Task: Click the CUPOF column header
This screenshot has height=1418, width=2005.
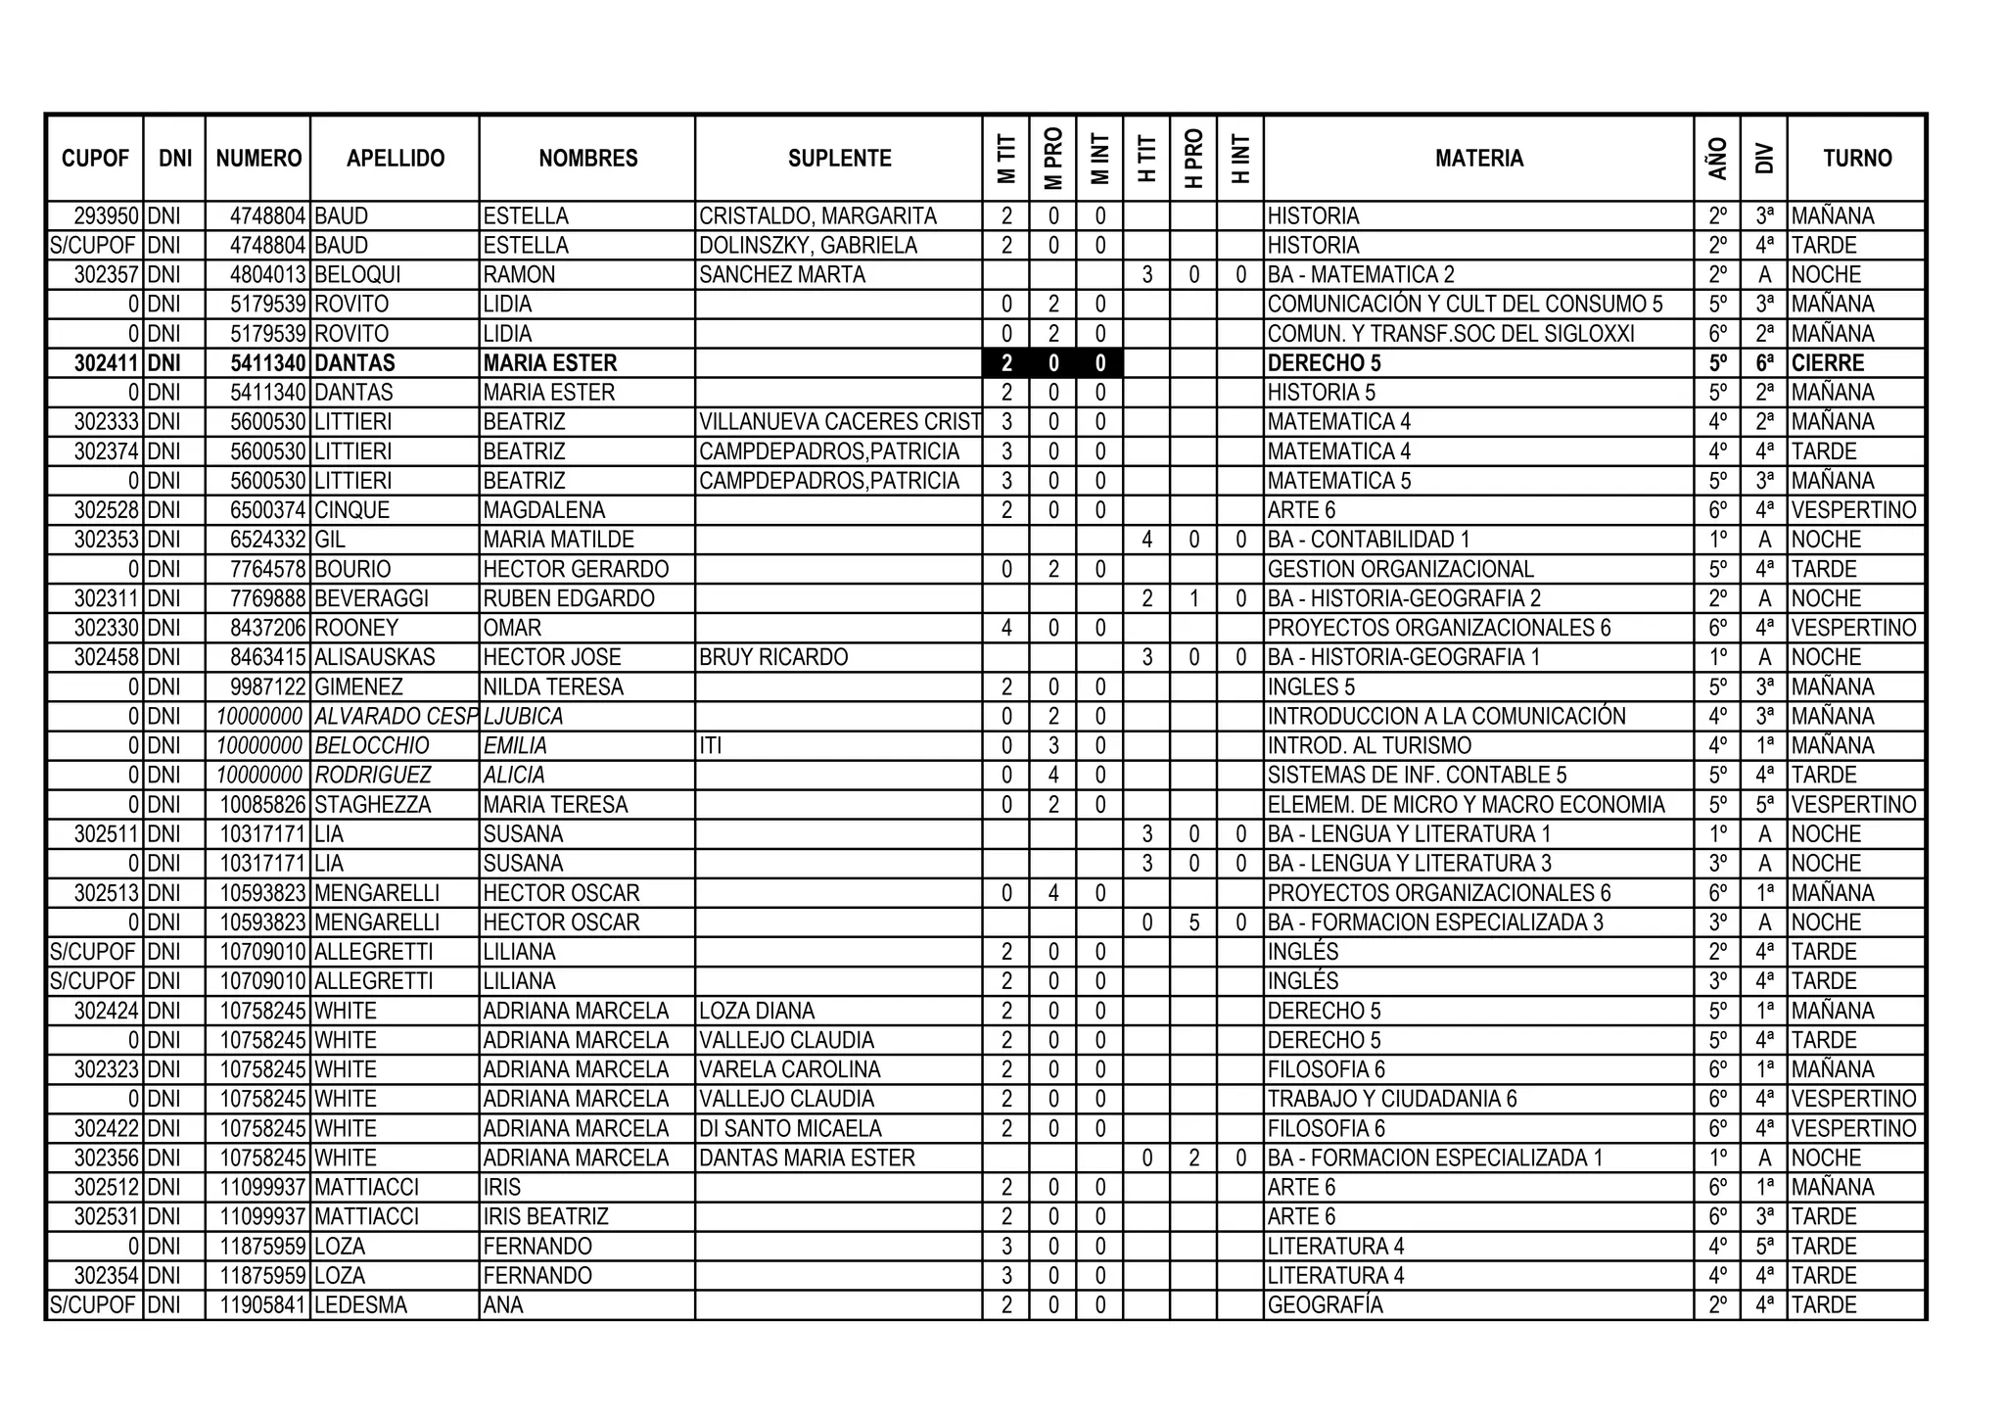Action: coord(95,159)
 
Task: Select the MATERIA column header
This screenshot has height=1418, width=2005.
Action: coord(1478,159)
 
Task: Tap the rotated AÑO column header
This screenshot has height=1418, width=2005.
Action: coord(1717,159)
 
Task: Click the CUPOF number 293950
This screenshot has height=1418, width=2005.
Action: coord(107,216)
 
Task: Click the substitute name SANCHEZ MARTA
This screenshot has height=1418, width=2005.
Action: coord(782,275)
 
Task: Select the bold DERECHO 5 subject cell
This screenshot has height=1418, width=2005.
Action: coord(1324,363)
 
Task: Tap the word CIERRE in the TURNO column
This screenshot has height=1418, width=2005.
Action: coord(1828,363)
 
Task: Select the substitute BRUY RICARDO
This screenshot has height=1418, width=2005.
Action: coord(773,657)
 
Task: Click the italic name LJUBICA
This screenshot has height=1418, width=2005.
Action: coord(523,717)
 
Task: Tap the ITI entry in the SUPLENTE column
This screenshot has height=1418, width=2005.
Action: coord(710,746)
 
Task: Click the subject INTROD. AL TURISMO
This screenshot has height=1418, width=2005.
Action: coord(1369,746)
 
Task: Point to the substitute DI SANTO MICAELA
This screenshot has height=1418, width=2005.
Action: coord(790,1129)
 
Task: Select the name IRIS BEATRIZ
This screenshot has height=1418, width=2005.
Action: coord(545,1217)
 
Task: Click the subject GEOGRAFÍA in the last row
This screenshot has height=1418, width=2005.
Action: coord(1325,1305)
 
